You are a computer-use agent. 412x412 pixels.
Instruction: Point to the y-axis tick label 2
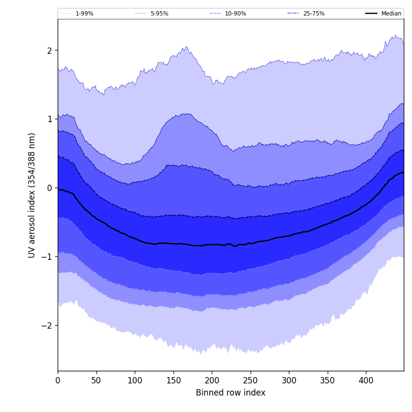tap(49, 50)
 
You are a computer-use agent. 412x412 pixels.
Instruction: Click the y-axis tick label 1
tap(49, 119)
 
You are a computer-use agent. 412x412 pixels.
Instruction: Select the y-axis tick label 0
tap(49, 188)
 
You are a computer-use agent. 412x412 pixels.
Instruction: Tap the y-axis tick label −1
tap(47, 257)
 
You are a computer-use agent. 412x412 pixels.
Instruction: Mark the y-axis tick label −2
tap(47, 326)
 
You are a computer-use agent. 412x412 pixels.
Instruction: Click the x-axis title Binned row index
tap(230, 393)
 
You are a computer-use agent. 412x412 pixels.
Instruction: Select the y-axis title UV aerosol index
tap(32, 195)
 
